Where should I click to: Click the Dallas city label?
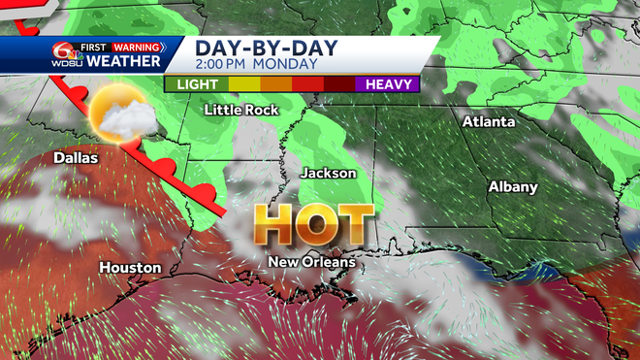(76, 157)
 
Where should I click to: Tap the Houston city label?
(130, 267)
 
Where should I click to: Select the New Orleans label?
(312, 262)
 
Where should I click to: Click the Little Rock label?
(241, 110)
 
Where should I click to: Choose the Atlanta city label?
(489, 122)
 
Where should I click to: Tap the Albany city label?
(512, 186)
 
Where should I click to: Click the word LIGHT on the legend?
(196, 84)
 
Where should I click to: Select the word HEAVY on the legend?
(387, 84)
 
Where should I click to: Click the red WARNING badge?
(138, 46)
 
